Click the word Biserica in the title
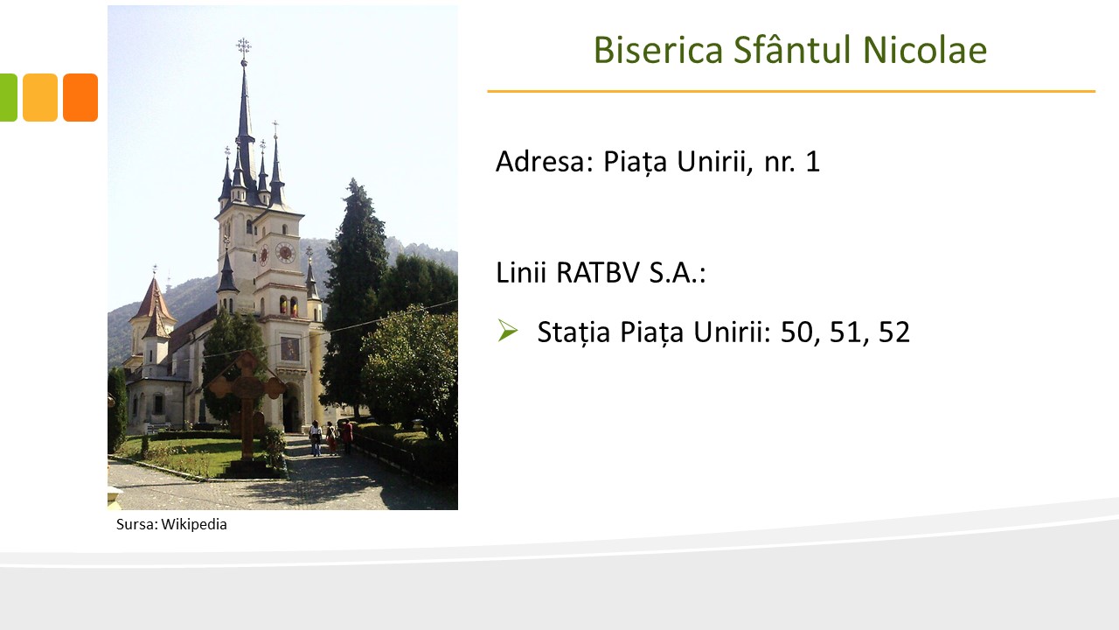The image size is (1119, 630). pos(658,50)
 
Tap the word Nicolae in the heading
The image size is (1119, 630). pos(925,50)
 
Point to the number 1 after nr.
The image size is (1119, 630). pos(813,162)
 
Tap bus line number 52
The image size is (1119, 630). pos(894,332)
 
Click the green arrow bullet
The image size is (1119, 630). pos(508,331)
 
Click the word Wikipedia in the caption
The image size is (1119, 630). pos(194,524)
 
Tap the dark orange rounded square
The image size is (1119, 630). pos(80,97)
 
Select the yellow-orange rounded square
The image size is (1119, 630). pos(40,97)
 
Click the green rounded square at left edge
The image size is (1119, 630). pos(9,97)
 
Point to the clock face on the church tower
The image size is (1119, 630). pos(285,253)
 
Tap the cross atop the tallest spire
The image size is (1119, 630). pos(244,47)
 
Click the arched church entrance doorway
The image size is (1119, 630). pos(292,409)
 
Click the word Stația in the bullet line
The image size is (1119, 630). pos(573,332)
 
